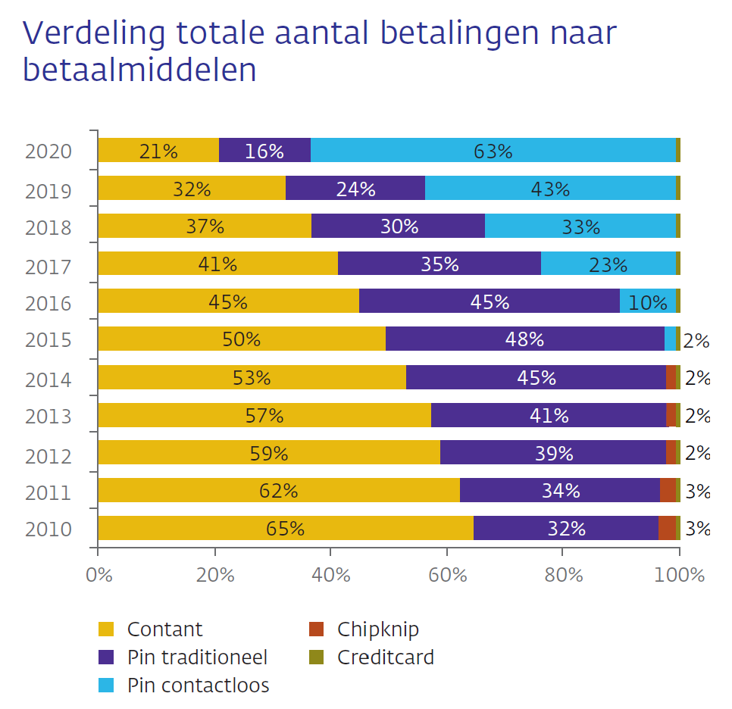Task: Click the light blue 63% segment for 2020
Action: (x=493, y=150)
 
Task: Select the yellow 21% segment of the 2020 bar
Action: (x=158, y=150)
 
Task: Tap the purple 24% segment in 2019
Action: (x=355, y=188)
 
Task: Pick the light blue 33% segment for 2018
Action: (x=580, y=226)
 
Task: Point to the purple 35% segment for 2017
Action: (x=439, y=264)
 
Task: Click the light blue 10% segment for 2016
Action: (x=647, y=301)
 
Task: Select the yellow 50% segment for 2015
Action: (x=241, y=339)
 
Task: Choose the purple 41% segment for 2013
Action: (x=548, y=415)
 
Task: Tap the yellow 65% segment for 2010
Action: (x=285, y=528)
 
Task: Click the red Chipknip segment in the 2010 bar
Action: (x=667, y=528)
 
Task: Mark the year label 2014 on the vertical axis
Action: (x=48, y=379)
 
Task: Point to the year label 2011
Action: (x=48, y=493)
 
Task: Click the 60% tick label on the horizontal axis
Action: (x=447, y=575)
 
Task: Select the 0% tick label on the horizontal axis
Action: (x=99, y=575)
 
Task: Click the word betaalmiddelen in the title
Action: (x=139, y=70)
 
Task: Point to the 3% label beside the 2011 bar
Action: (x=696, y=492)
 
